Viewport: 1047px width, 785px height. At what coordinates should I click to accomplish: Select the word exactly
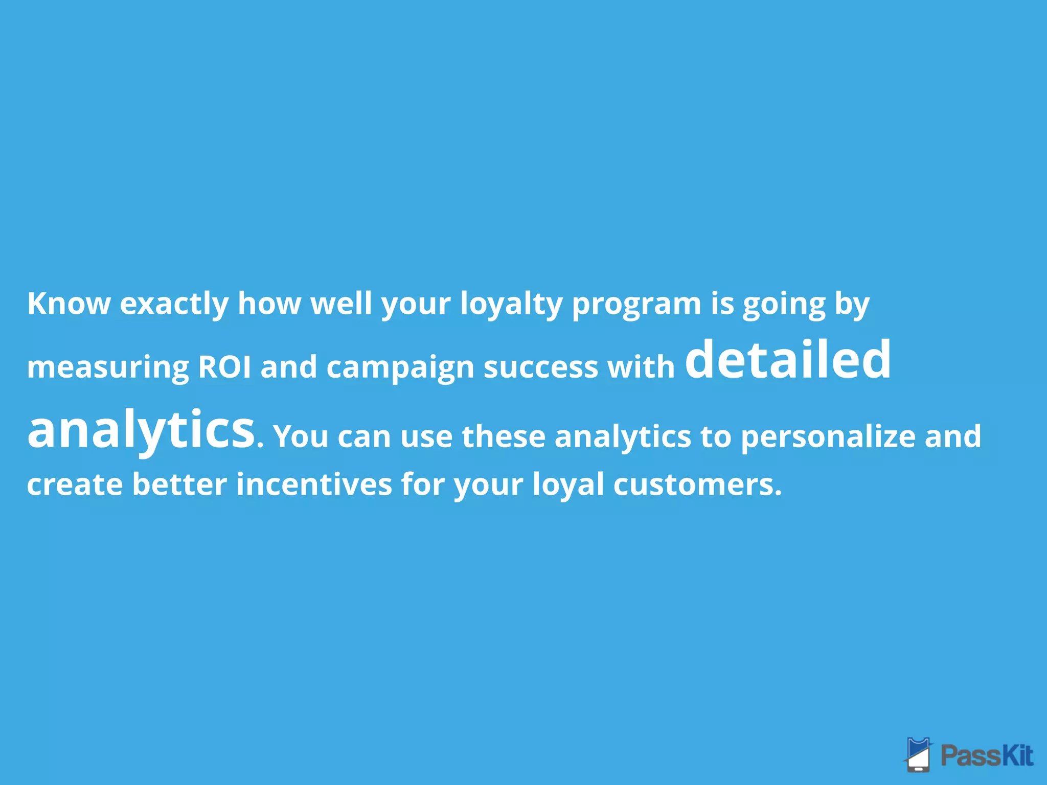pos(174,304)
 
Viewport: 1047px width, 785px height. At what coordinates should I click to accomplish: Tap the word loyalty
pos(511,304)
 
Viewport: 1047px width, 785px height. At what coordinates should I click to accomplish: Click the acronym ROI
pos(224,366)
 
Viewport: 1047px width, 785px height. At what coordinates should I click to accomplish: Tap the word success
pos(541,367)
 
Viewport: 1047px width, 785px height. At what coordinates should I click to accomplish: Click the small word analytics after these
pos(623,437)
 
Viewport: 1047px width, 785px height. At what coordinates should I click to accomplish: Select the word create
pos(75,484)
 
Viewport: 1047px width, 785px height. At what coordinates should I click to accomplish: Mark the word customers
pos(697,484)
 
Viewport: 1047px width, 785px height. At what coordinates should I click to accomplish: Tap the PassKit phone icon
pos(919,754)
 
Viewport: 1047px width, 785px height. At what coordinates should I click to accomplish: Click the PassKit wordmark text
pos(987,755)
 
